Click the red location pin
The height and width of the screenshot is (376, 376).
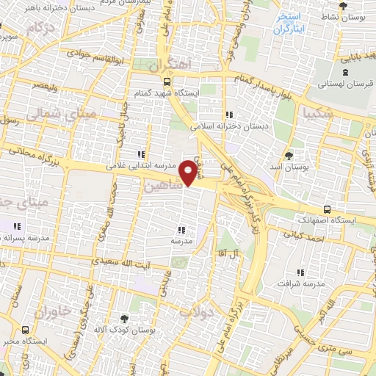(189, 172)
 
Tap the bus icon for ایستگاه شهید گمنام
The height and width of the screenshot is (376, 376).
(167, 82)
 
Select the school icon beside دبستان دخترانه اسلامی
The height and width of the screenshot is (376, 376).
(229, 115)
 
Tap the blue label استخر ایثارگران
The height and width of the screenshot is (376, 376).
(289, 23)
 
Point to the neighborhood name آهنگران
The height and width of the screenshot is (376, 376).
(168, 65)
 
